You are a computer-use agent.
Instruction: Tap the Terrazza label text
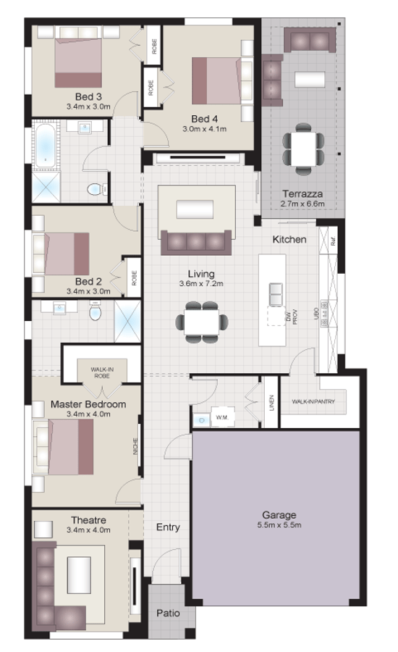[x=302, y=194]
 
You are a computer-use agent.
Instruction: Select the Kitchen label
[x=289, y=239]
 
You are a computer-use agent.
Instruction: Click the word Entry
[x=168, y=527]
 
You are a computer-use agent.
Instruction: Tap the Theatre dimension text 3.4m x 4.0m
[x=89, y=530]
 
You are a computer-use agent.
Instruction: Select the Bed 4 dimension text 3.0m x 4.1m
[x=205, y=129]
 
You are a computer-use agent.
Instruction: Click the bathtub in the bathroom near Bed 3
[x=45, y=145]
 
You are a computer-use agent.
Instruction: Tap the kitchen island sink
[x=276, y=293]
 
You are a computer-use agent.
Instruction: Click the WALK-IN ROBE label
[x=101, y=372]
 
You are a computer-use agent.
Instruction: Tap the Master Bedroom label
[x=88, y=404]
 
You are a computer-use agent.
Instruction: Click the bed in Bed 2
[x=67, y=254]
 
